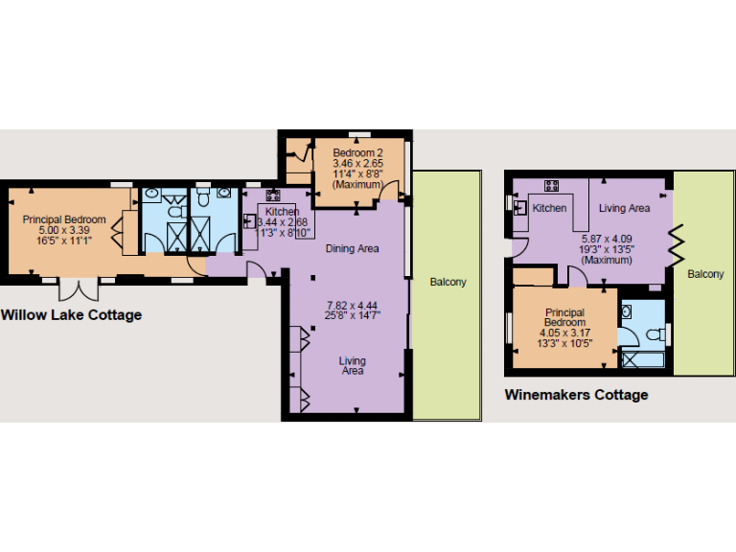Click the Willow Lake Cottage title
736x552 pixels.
pyautogui.click(x=71, y=315)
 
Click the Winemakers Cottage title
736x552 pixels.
pyautogui.click(x=576, y=395)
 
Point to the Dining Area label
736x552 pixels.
pyautogui.click(x=352, y=249)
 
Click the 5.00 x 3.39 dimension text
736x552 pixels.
pyautogui.click(x=64, y=230)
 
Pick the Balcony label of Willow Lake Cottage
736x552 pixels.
pyautogui.click(x=448, y=282)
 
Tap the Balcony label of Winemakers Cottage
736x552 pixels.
pyautogui.click(x=705, y=275)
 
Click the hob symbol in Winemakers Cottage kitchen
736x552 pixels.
pyautogui.click(x=552, y=185)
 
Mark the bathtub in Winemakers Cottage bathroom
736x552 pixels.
pyautogui.click(x=642, y=361)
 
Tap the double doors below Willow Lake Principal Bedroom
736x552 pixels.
pyautogui.click(x=75, y=287)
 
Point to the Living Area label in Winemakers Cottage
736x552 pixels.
pyautogui.click(x=625, y=208)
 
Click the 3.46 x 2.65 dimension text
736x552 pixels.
pyautogui.click(x=357, y=165)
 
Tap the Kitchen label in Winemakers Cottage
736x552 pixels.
pyautogui.click(x=550, y=208)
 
